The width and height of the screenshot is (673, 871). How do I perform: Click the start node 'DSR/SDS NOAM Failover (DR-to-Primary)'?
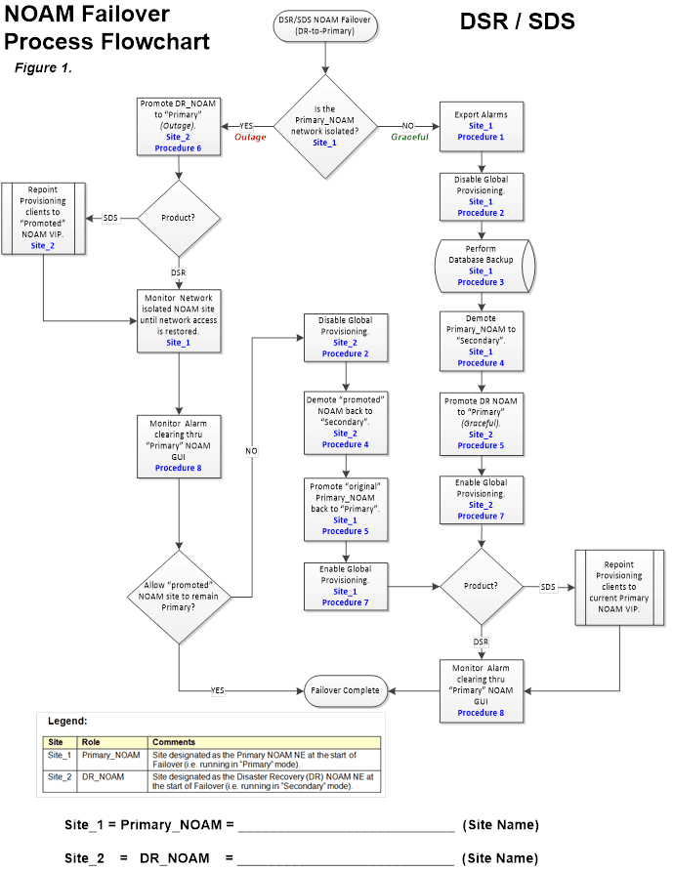324,26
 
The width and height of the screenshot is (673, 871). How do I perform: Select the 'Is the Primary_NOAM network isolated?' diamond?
324,126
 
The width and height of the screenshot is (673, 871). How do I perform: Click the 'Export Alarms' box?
481,126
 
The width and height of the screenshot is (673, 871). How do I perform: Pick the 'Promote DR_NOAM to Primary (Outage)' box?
178,126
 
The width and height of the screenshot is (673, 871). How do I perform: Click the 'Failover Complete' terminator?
345,689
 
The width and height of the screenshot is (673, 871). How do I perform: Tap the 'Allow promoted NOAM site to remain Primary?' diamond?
178,595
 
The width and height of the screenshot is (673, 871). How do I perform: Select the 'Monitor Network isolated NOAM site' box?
178,318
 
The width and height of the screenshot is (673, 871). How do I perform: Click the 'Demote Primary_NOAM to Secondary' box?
481,340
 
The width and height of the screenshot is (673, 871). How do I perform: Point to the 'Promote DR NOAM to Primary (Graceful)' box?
481,422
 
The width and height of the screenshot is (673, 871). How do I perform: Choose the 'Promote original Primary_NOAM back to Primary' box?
345,508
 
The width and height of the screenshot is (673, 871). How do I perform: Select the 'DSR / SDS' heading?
517,21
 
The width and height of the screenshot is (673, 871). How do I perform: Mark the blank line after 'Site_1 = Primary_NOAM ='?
346,825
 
